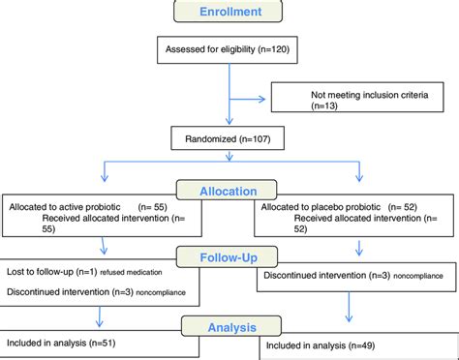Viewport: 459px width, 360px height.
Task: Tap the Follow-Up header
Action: point(229,258)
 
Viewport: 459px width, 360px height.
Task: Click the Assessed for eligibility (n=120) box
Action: point(229,47)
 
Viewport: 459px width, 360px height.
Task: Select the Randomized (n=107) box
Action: point(229,138)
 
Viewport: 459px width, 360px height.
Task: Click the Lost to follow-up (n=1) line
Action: point(51,272)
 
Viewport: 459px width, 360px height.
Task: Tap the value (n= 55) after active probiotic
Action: point(157,206)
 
